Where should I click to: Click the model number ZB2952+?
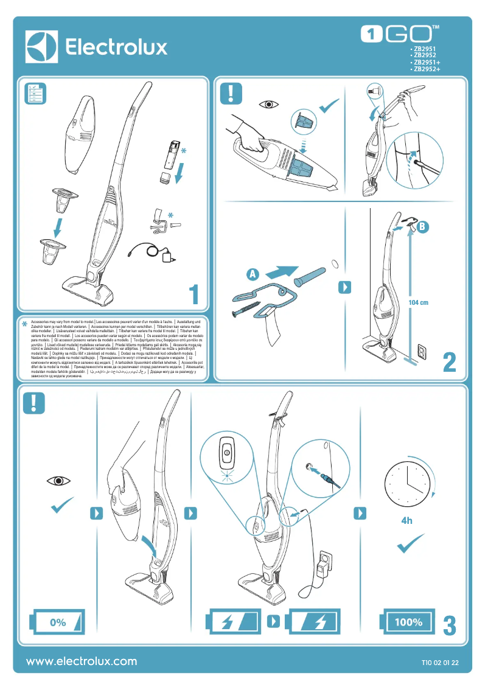point(426,69)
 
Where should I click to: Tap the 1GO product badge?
point(400,34)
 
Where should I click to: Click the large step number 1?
point(194,295)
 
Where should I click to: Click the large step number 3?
point(449,626)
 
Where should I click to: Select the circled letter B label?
point(424,226)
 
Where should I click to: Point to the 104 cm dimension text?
point(419,302)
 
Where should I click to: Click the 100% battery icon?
point(408,622)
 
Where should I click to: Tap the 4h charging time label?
point(406,521)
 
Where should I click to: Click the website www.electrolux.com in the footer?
point(82,661)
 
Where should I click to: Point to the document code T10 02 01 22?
point(440,663)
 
